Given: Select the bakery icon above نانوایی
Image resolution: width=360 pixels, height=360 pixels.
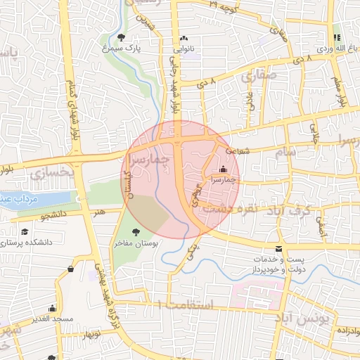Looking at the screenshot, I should click(184, 39).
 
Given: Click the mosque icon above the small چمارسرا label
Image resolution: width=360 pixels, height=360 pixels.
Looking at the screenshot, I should click(224, 169).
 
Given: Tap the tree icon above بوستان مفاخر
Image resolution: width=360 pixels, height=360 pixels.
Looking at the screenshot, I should click(136, 231).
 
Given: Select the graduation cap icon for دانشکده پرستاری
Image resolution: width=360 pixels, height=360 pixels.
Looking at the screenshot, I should click(25, 231).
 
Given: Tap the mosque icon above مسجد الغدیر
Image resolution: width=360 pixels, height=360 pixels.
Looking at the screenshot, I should click(52, 308).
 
